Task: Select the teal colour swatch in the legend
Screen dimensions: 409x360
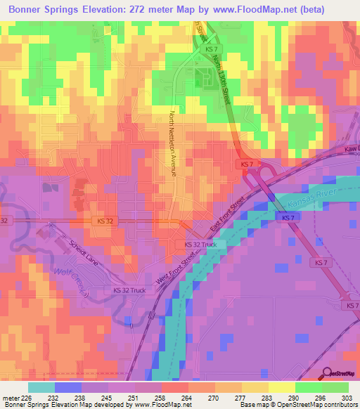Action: coord(41,387)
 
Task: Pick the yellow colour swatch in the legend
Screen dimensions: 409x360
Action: coord(281,387)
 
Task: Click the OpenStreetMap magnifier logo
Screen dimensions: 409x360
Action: coord(326,372)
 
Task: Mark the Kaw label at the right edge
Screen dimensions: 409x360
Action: coord(352,149)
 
